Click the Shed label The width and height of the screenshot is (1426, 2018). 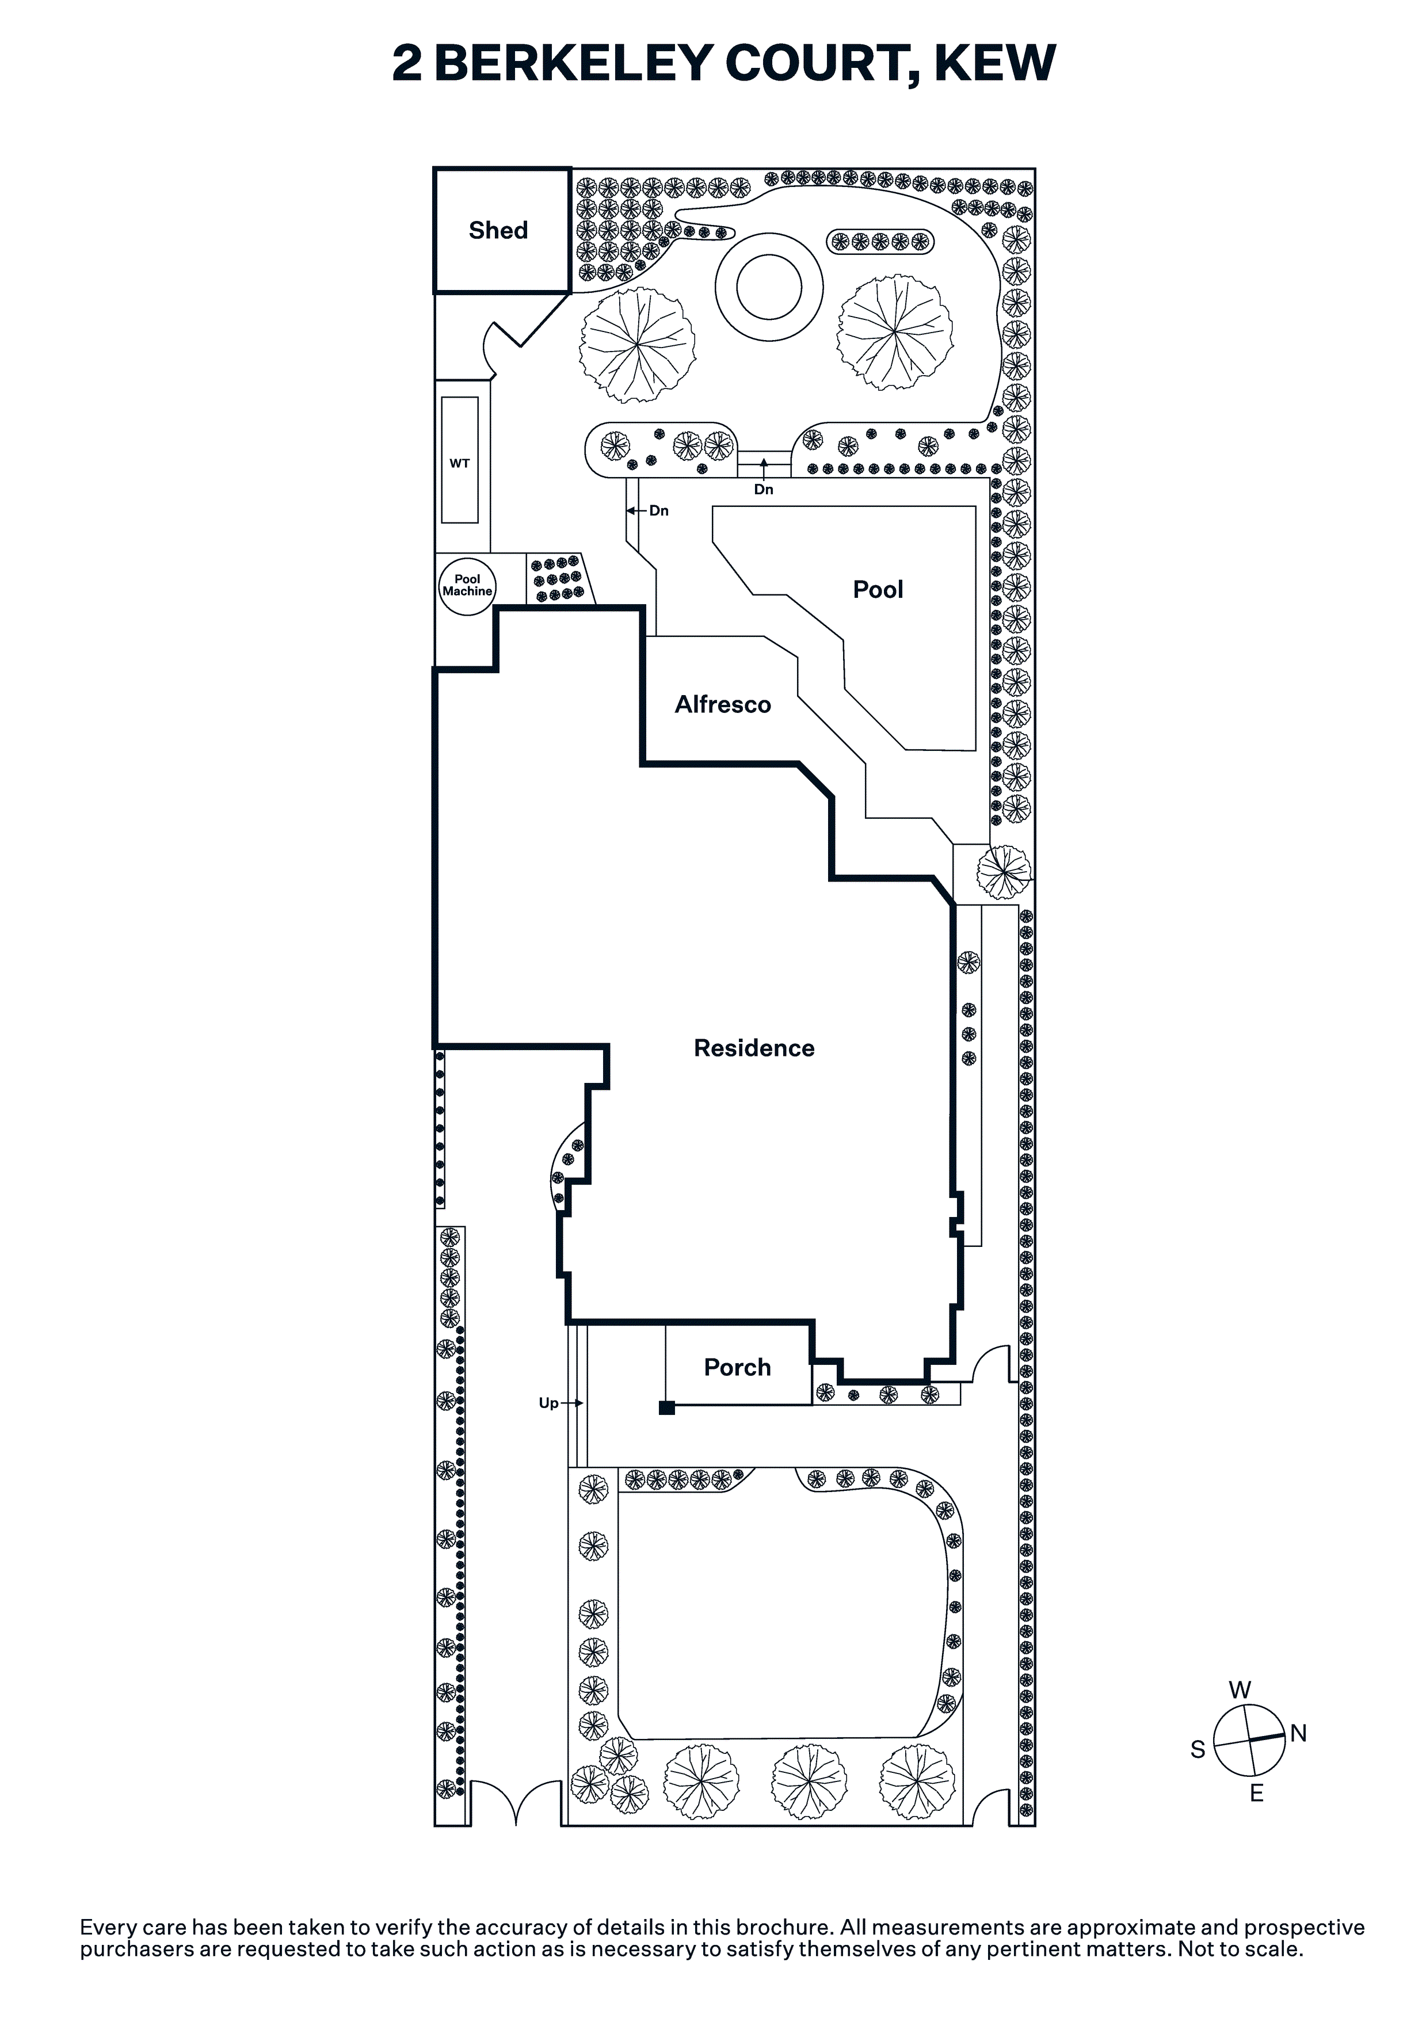[x=498, y=230]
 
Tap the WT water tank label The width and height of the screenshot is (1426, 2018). [x=460, y=463]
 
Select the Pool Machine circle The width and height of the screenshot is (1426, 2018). [x=467, y=585]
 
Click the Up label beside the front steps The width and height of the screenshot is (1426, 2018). [x=548, y=1403]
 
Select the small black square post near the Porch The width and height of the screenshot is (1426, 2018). [x=666, y=1408]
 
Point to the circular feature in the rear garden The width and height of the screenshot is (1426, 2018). [x=769, y=287]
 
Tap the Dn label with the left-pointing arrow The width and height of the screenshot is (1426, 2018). [x=658, y=510]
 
